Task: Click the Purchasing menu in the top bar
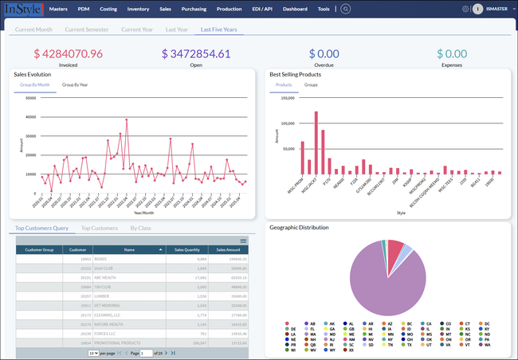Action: coord(195,9)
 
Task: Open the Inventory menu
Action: coord(138,9)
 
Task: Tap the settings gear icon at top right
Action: coord(465,9)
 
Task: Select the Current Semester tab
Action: coord(87,29)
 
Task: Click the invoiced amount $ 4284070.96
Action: coord(68,54)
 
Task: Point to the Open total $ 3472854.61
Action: coord(196,54)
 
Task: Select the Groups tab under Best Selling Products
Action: coord(311,84)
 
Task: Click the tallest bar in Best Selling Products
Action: coord(316,143)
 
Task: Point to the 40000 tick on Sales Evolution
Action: coord(31,117)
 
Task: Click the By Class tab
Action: coord(140,229)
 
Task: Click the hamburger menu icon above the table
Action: coord(243,241)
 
